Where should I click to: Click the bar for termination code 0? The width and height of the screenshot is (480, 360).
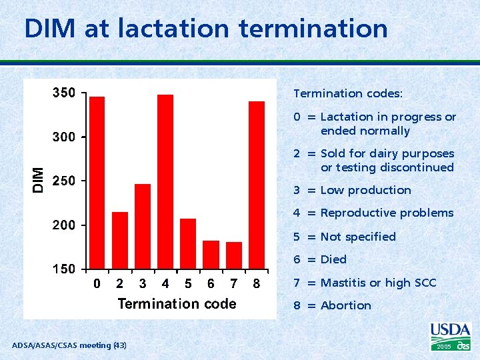[97, 183]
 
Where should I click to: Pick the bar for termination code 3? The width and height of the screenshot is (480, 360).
[143, 226]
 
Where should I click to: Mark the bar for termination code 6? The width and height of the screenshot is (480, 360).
[211, 255]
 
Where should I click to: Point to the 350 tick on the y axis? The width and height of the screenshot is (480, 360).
[64, 93]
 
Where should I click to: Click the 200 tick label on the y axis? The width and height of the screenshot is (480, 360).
[64, 225]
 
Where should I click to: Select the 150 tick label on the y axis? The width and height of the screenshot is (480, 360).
[64, 270]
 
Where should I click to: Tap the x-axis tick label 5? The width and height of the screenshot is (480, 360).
[188, 284]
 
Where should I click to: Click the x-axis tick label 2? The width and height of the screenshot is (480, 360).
[119, 284]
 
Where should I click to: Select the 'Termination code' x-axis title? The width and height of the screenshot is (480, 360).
[177, 304]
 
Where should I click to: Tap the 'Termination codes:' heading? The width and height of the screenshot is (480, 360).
[348, 94]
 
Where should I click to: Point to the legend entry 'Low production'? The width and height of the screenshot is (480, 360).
[365, 190]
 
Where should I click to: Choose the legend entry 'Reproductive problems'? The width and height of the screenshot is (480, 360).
[387, 213]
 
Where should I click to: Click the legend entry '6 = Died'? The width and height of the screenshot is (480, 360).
[320, 259]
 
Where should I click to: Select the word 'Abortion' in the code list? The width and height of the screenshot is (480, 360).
[345, 305]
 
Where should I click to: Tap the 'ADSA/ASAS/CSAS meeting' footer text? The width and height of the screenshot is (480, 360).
[61, 345]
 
